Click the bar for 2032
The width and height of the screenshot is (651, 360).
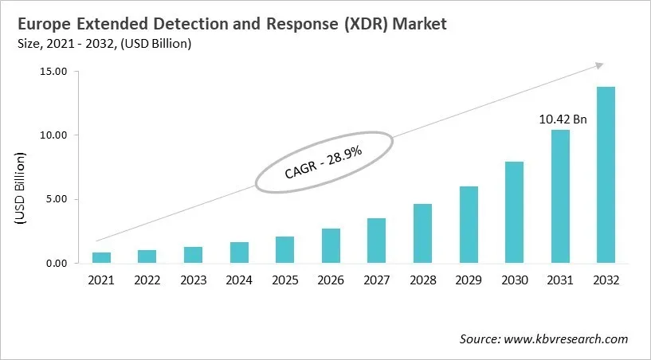(606, 175)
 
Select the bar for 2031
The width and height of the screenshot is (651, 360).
(560, 197)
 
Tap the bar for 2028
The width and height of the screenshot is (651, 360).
(422, 233)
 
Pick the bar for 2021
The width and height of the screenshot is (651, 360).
(102, 257)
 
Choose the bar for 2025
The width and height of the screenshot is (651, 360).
(285, 249)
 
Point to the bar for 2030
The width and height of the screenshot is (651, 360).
(514, 212)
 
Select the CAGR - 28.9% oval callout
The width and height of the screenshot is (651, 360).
(324, 162)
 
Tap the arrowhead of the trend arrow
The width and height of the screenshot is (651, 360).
(598, 65)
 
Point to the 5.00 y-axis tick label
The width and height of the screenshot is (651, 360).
(56, 199)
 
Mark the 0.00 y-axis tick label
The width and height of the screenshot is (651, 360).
(56, 263)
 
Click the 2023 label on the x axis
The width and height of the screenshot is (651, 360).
(194, 280)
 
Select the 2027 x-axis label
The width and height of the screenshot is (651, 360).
(377, 280)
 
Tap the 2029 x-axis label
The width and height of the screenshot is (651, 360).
(469, 280)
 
